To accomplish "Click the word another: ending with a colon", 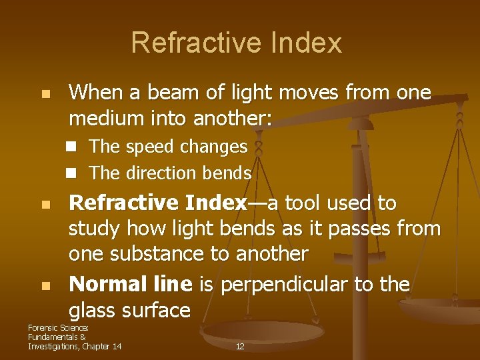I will tap(233, 119).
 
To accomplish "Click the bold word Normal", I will tap(106, 285).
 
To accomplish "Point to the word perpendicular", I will tap(285, 285).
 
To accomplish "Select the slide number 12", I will tap(240, 347).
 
